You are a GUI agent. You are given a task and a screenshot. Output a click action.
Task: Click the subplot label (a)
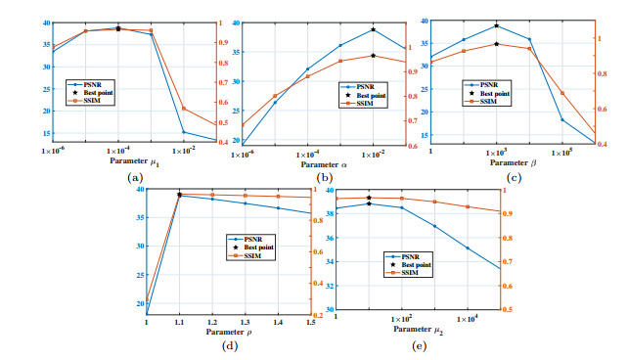coord(135,177)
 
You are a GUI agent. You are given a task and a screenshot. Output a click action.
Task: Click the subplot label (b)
coord(325,177)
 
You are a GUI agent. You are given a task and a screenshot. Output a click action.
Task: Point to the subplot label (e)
coord(418,345)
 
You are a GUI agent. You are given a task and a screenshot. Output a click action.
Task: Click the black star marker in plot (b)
coord(373,29)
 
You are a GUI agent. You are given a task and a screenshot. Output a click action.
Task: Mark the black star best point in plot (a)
coord(118,28)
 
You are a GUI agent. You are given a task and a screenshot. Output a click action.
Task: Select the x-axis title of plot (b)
coord(324,163)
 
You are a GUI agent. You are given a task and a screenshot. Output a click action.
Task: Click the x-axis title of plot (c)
coord(512,163)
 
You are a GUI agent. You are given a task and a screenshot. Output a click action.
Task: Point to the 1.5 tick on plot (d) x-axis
coord(310,322)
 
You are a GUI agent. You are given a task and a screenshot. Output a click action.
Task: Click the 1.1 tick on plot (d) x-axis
coord(179,322)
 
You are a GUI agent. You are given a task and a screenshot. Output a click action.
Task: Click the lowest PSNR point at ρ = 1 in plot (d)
coord(147,313)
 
